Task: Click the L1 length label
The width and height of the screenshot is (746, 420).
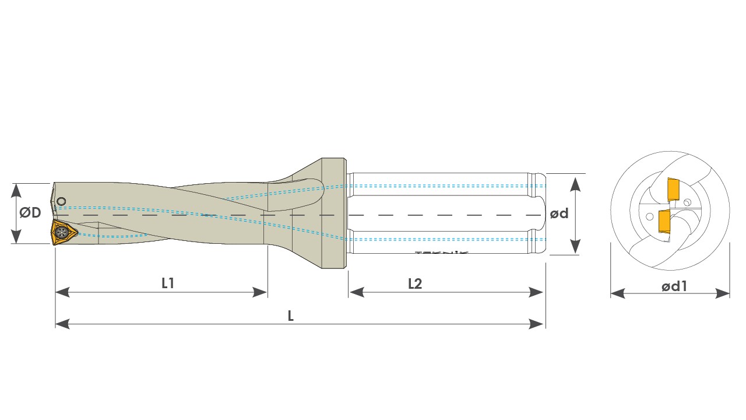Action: point(168,283)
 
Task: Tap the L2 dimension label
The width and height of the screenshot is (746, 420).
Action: point(415,283)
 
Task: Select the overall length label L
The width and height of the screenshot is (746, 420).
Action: point(291,316)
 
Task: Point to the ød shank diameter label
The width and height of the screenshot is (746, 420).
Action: point(559,213)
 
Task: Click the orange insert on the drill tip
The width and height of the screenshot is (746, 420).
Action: point(64,233)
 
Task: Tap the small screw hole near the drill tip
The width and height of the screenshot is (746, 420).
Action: point(61,202)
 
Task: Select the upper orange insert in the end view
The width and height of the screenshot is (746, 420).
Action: point(674,189)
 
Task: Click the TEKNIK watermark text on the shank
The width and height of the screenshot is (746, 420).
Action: point(442,253)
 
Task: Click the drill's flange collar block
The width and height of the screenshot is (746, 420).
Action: point(334,213)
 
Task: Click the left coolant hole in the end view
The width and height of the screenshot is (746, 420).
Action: point(649,216)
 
